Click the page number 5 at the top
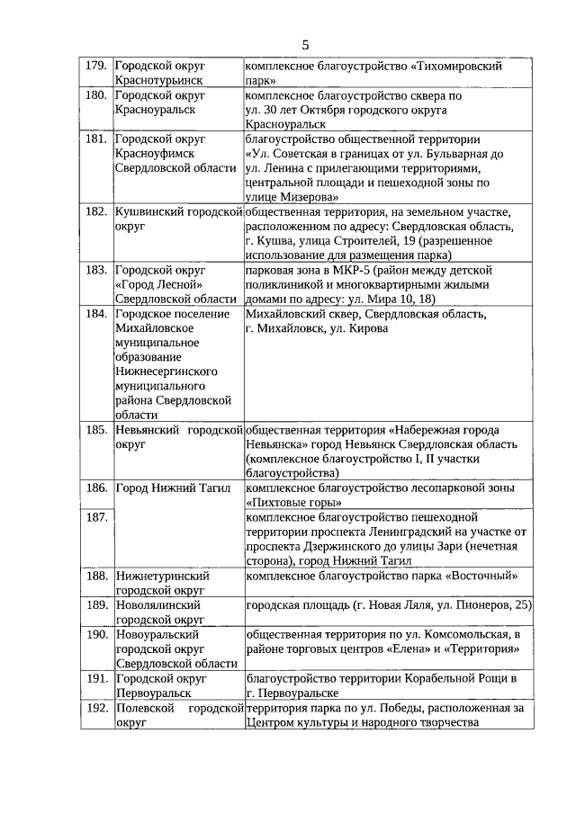[305, 44]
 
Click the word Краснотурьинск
[158, 80]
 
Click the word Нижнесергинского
[169, 371]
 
